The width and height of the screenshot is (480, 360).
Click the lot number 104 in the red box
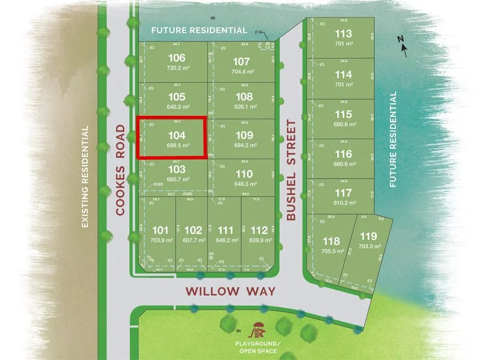click(172, 134)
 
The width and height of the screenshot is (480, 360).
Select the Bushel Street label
click(292, 171)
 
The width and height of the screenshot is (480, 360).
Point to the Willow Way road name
click(230, 292)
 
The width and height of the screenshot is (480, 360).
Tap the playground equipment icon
click(259, 329)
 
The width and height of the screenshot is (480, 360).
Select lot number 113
click(344, 34)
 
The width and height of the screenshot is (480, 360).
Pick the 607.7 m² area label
click(193, 241)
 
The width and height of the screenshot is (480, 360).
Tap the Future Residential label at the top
click(199, 30)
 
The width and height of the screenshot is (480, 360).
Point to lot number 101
click(160, 230)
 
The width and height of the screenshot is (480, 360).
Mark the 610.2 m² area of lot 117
click(344, 203)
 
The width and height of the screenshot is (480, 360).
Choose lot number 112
click(259, 230)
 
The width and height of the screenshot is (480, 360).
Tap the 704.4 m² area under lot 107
click(242, 71)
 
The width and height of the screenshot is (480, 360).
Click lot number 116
click(344, 154)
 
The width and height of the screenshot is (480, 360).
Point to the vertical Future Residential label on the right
click(394, 140)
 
